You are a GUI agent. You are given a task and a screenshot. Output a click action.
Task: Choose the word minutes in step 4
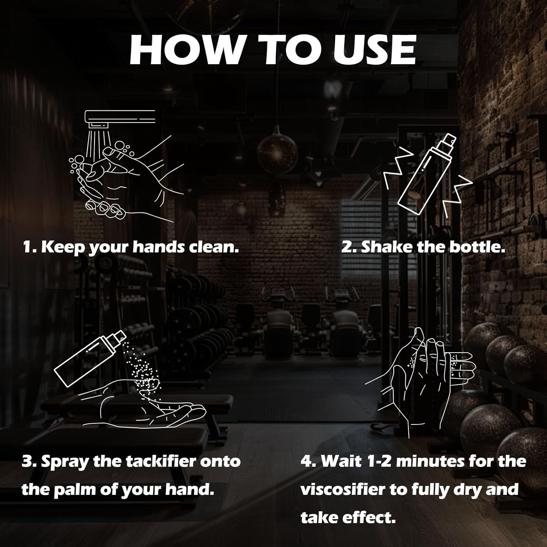430,461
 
